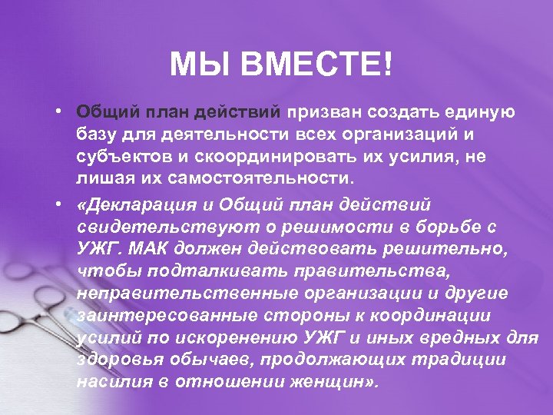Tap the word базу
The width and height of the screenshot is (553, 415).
point(97,135)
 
